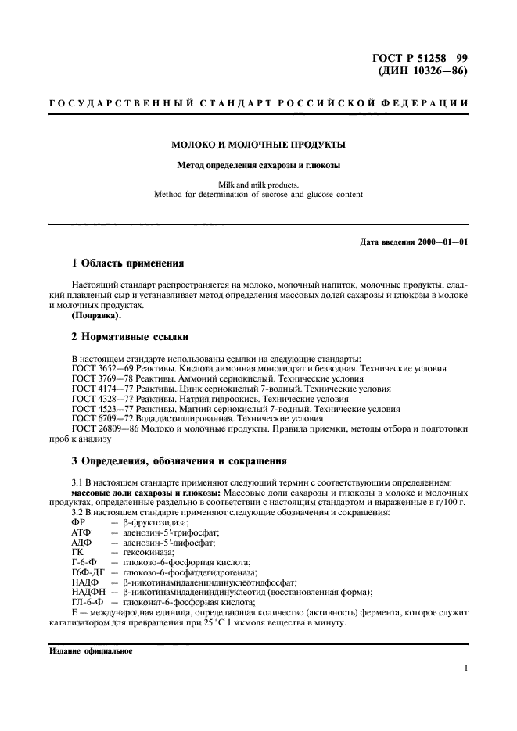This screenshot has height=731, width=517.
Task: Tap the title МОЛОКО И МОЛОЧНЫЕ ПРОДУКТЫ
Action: [258, 145]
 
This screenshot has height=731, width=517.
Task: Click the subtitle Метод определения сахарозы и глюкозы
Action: [258, 165]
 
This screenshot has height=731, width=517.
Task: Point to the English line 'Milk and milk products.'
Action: [258, 185]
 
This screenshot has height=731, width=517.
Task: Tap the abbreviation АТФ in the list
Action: [81, 532]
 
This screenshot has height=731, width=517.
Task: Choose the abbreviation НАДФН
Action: [84, 593]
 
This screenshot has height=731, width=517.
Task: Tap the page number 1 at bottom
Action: [465, 669]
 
